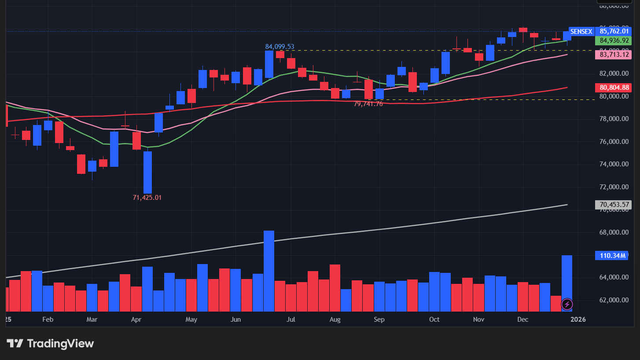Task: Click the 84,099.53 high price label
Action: click(280, 46)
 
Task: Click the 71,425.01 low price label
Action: click(147, 198)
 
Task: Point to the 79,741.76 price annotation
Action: click(368, 104)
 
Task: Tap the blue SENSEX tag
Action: click(581, 32)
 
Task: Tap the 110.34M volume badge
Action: click(611, 255)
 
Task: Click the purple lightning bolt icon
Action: click(567, 304)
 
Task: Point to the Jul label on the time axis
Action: click(291, 319)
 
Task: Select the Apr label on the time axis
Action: click(136, 319)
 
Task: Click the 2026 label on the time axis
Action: click(578, 319)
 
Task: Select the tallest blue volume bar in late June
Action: click(269, 271)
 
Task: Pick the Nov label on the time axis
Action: click(479, 319)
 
